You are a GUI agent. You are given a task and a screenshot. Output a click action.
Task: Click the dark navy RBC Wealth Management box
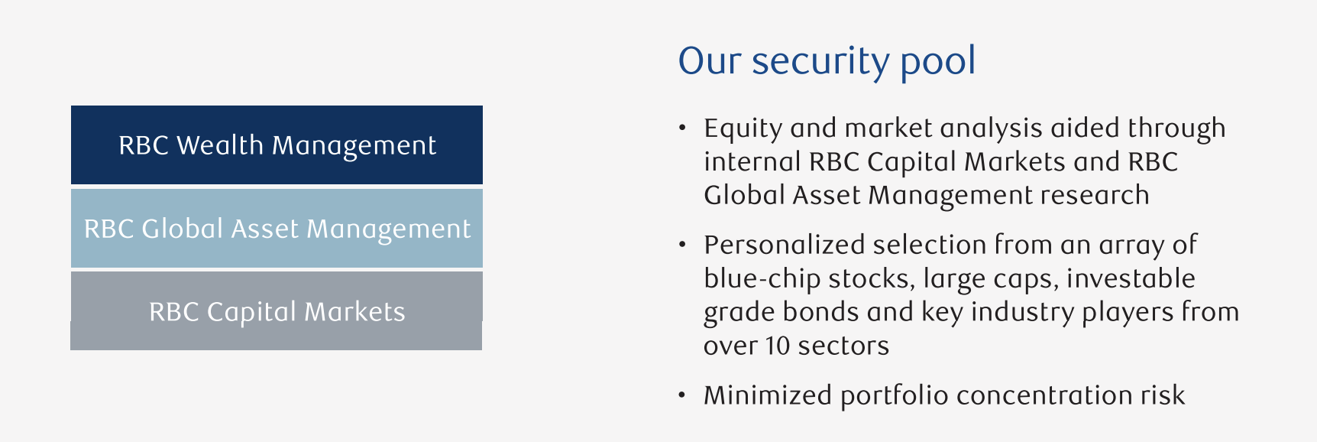click(277, 145)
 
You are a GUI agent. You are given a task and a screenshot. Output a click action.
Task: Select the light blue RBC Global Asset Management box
click(277, 228)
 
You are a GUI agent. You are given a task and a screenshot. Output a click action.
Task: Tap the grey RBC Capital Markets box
click(277, 310)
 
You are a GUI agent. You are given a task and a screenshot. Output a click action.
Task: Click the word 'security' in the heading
click(820, 61)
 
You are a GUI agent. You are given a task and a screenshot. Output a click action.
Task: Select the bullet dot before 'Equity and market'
click(683, 128)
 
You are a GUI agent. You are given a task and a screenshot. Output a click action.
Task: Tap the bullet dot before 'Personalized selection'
click(683, 245)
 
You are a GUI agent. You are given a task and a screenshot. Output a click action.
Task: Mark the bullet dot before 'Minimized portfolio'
click(683, 395)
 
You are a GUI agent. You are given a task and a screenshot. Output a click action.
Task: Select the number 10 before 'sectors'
click(777, 346)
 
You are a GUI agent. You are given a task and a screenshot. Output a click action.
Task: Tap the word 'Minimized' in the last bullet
click(768, 395)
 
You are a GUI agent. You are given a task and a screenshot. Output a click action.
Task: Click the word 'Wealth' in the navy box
click(220, 145)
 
